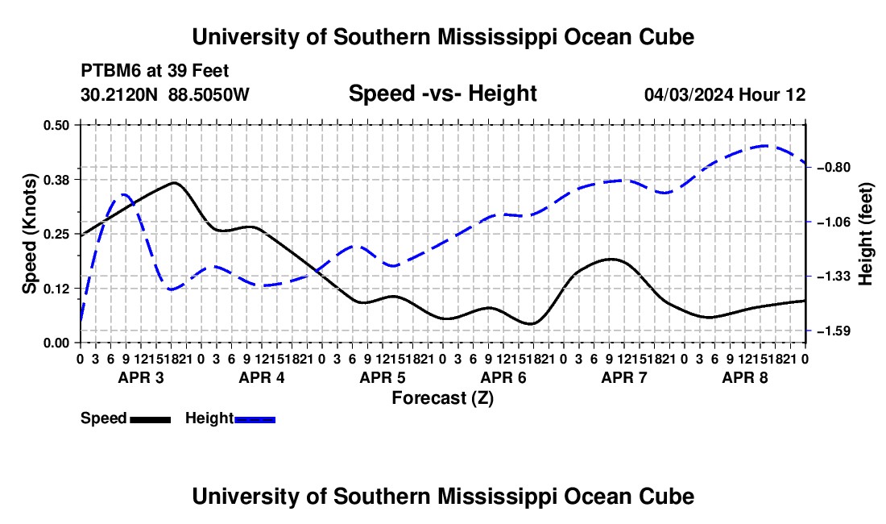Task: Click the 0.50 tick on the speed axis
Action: pos(56,125)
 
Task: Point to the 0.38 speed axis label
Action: pos(56,180)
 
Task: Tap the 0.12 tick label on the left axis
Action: pos(56,289)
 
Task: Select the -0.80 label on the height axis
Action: pos(834,168)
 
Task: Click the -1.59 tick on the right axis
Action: pos(834,331)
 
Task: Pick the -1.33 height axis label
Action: pos(834,277)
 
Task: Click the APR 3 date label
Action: pos(141,377)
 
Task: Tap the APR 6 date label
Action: pos(503,377)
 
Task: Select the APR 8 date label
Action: pos(745,377)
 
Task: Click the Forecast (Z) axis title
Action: pos(443,398)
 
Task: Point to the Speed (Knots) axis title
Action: pos(29,234)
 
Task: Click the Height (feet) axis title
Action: pos(866,234)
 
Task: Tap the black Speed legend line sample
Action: pos(151,420)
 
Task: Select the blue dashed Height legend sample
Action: pos(255,420)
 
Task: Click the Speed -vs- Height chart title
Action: pos(443,94)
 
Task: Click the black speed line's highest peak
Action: pos(174,182)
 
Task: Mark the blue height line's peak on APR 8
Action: pos(764,146)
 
